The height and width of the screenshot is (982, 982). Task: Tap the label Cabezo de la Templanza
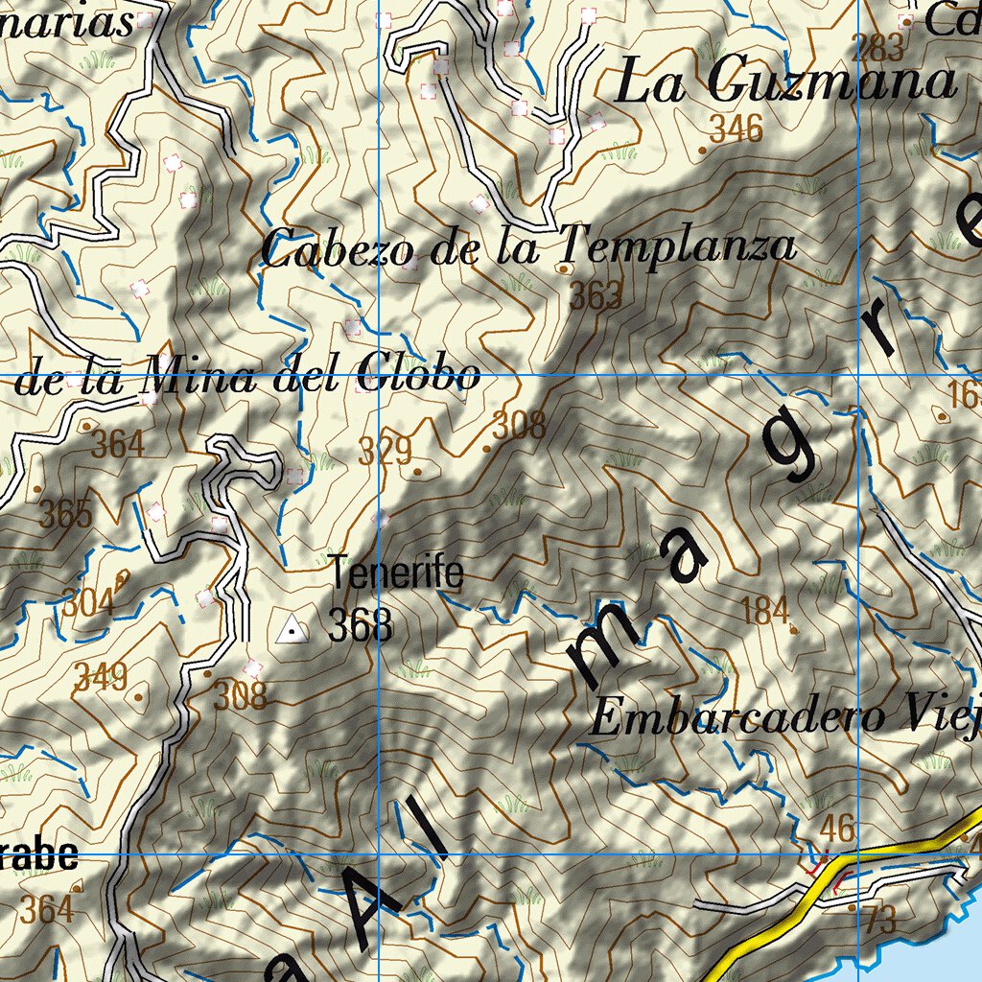click(x=528, y=247)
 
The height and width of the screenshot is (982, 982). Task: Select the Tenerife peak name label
click(x=398, y=574)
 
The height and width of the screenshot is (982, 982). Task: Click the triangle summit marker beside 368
click(x=291, y=630)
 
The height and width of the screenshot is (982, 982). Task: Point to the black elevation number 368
click(x=360, y=627)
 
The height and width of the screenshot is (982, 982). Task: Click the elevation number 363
click(x=596, y=297)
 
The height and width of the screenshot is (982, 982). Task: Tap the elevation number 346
click(x=736, y=128)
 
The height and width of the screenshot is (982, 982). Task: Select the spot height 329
click(x=386, y=451)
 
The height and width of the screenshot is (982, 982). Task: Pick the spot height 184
click(x=766, y=610)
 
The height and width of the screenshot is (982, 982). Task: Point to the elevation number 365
click(x=66, y=515)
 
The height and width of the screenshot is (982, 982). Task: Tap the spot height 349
click(x=102, y=678)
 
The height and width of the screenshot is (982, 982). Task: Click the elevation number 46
click(x=838, y=828)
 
